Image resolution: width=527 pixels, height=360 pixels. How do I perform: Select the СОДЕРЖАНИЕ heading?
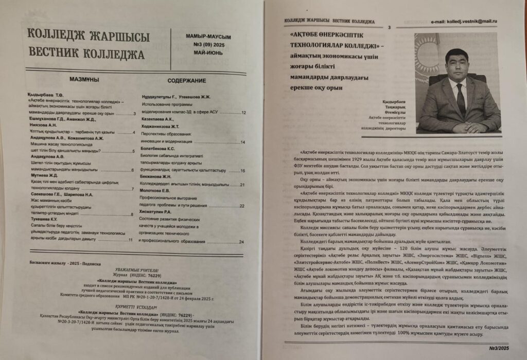187,80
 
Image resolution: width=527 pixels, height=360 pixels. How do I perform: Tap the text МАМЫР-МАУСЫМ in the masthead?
208,37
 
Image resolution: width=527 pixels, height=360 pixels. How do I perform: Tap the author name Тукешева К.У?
43,219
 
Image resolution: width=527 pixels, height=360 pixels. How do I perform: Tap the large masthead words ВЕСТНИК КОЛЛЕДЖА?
86,54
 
